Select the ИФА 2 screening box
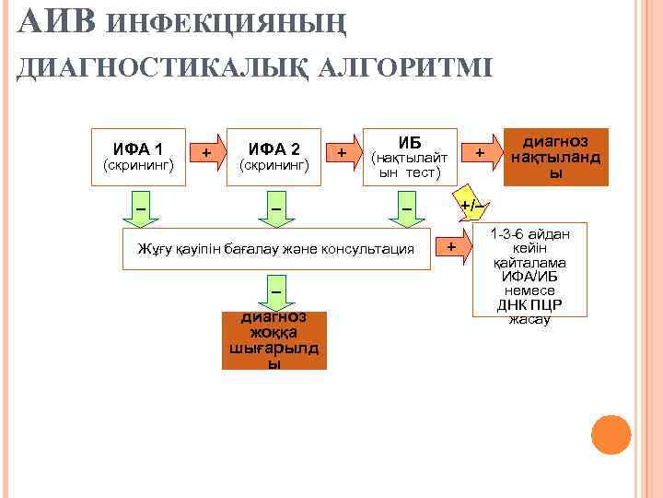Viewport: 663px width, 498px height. [274, 156]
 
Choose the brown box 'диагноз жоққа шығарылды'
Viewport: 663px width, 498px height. [273, 340]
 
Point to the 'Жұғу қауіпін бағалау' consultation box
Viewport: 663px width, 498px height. [276, 249]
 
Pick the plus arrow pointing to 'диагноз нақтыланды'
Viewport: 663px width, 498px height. [481, 152]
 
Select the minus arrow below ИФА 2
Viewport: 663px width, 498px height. [275, 208]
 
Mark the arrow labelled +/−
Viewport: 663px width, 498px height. [471, 204]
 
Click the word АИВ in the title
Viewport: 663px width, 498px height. [55, 21]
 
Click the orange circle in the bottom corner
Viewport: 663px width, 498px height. [611, 434]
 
